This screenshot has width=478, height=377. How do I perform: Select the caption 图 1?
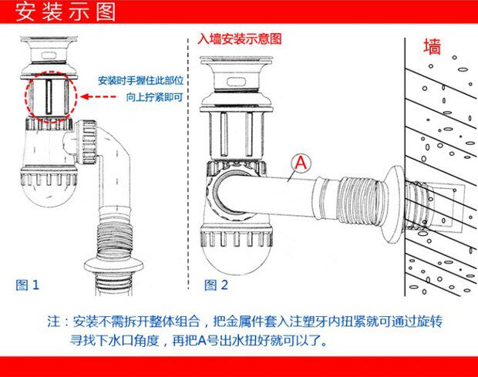(x=27, y=285)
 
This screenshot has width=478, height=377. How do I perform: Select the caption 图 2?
(x=216, y=285)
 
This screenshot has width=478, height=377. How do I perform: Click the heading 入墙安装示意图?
(x=240, y=38)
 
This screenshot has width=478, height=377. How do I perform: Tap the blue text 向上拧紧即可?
(x=154, y=98)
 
